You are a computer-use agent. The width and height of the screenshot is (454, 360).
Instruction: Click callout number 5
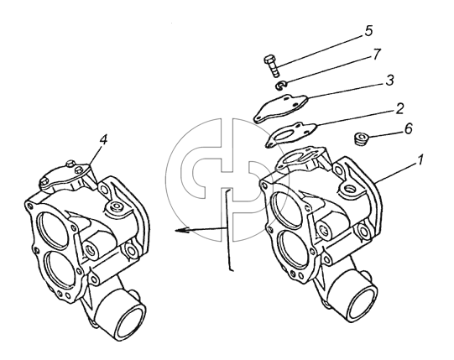368,31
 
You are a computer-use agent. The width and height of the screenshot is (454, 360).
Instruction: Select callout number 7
377,55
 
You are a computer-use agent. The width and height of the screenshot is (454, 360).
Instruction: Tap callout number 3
389,81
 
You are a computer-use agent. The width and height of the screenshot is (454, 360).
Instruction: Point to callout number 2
399,108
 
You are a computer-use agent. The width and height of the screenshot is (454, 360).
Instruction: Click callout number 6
408,128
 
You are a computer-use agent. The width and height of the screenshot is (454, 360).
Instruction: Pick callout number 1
420,160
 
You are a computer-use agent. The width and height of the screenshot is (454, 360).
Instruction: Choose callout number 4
103,139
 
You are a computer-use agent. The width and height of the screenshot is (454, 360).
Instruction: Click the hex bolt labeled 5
272,66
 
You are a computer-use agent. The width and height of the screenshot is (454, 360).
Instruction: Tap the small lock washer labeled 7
280,86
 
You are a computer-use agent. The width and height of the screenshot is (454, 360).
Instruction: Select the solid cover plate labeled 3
280,108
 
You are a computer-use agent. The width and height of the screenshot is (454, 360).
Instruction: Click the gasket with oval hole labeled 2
290,135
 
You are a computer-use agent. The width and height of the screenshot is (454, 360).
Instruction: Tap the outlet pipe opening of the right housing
363,305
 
